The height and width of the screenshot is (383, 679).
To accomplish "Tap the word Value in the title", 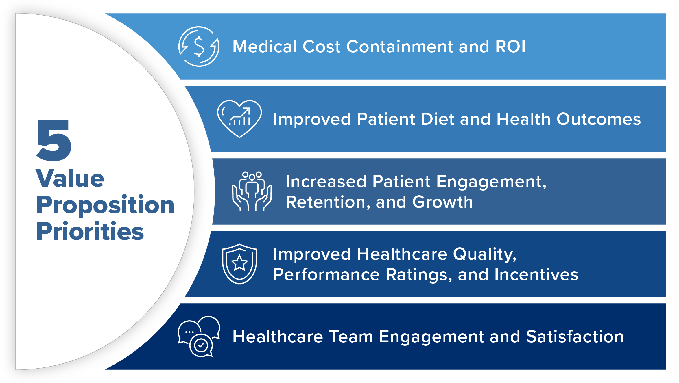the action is (x=70, y=179).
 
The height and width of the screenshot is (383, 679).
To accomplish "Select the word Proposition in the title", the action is (x=105, y=205).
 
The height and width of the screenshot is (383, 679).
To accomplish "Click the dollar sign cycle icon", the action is (x=199, y=47).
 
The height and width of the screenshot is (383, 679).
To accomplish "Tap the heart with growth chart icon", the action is (x=239, y=119).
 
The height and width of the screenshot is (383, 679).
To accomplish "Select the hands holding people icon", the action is (x=252, y=191).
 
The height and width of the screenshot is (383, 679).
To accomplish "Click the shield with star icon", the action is (x=239, y=264).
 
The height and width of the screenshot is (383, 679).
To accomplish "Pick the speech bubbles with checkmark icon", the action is (x=199, y=336).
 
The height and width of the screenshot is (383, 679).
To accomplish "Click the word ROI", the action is (x=510, y=47).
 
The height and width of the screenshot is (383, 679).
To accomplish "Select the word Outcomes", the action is (x=599, y=119).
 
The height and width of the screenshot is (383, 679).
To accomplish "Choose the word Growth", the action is (x=442, y=202).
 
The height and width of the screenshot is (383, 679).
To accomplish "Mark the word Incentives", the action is (x=536, y=274).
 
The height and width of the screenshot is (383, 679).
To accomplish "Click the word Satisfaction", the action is (x=575, y=336).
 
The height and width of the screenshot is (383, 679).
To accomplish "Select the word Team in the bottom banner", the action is (x=351, y=336).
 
